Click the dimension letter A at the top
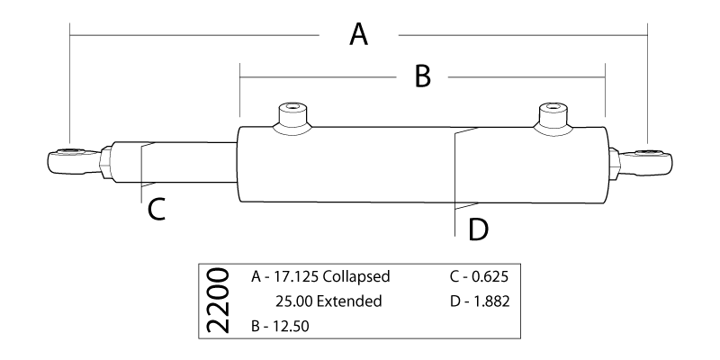click(359, 36)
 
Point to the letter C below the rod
click(156, 209)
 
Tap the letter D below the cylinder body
click(478, 229)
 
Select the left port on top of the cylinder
click(292, 118)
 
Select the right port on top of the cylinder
click(553, 117)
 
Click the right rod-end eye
click(652, 160)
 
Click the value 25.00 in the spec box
click(293, 301)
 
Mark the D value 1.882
click(490, 301)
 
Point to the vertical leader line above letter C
click(142, 171)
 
